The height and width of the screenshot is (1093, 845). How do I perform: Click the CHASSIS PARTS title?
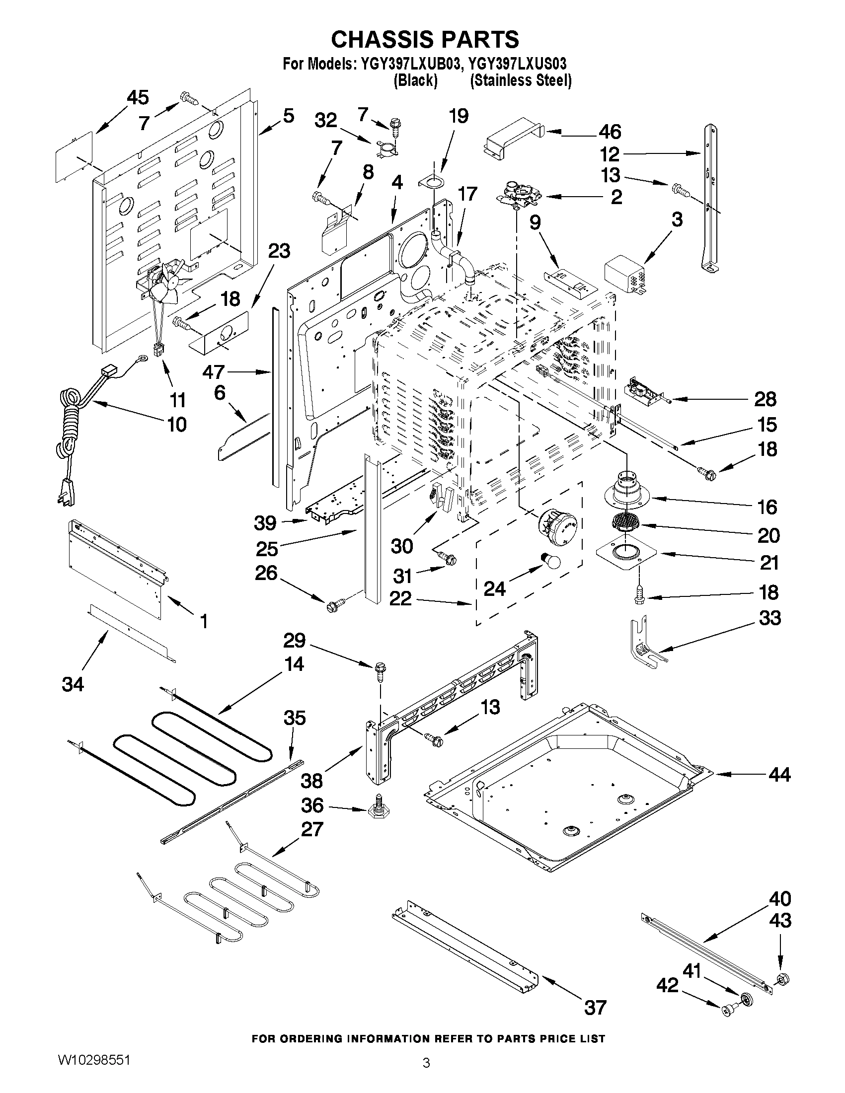[x=425, y=39]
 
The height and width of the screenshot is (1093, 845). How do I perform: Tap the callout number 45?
[x=137, y=98]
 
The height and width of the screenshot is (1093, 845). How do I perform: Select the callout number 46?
[x=609, y=132]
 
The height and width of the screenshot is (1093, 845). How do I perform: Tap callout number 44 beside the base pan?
[x=779, y=775]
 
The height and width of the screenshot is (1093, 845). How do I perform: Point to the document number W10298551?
[x=94, y=1059]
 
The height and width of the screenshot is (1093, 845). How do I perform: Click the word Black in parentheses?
[x=415, y=80]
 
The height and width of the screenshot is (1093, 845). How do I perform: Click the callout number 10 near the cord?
[x=177, y=425]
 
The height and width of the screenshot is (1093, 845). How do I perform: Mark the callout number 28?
[x=765, y=399]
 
